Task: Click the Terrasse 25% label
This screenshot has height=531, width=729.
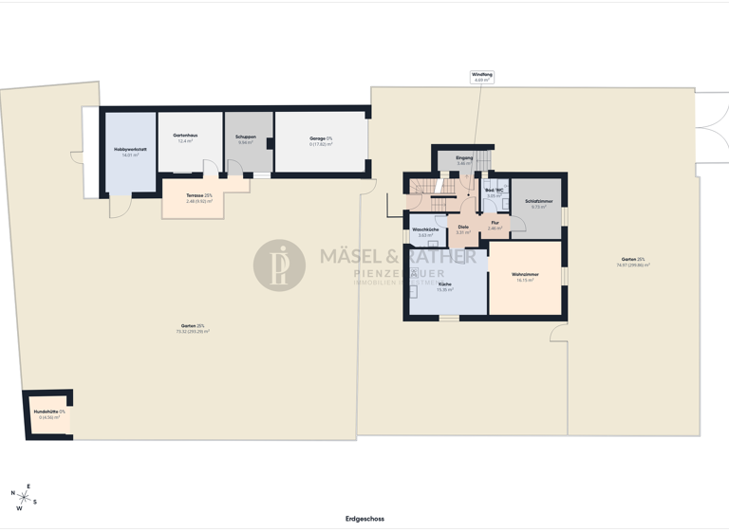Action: click(x=199, y=197)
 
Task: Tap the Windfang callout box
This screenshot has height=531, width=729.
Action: click(x=482, y=77)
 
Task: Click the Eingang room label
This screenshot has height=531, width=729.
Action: click(x=464, y=160)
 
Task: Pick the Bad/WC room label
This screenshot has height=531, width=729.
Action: click(x=495, y=192)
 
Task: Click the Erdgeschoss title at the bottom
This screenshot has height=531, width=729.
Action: click(x=364, y=519)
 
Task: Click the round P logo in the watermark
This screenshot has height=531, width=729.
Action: click(x=279, y=265)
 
